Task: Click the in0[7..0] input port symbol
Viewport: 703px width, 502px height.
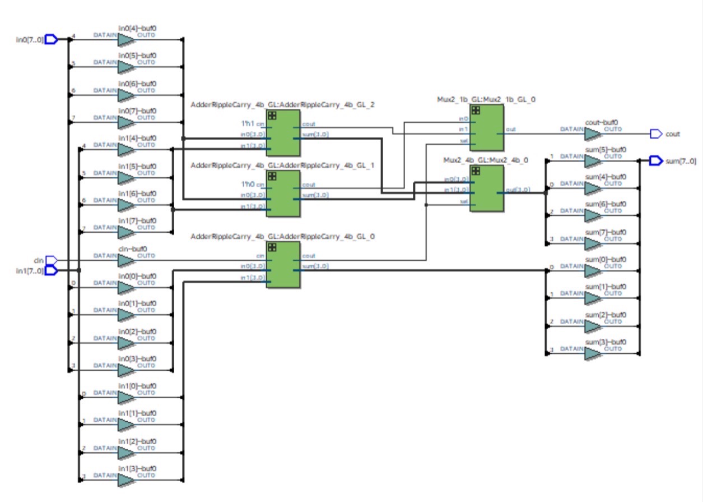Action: point(51,40)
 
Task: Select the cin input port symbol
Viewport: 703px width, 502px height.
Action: point(51,260)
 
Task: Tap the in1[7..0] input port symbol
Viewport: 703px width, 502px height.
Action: point(51,271)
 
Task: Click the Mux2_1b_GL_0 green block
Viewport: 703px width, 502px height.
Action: point(486,128)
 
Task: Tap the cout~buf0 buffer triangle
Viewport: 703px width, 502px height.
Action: point(593,134)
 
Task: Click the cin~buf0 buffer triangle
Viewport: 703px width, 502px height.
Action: point(126,260)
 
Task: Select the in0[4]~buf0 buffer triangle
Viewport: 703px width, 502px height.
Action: point(126,40)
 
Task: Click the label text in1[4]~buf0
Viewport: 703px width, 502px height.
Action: point(137,137)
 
